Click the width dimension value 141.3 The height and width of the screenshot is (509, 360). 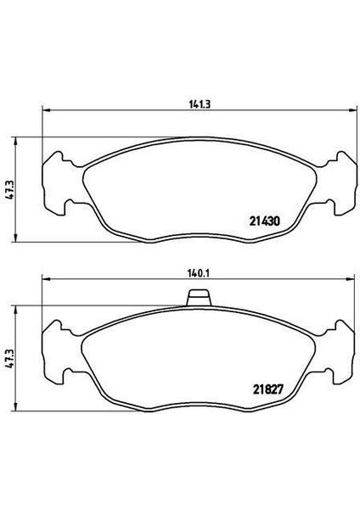click(x=200, y=104)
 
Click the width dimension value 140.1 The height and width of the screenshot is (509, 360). click(x=199, y=274)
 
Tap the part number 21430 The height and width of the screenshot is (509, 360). click(x=265, y=221)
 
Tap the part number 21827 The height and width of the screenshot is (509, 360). click(x=268, y=389)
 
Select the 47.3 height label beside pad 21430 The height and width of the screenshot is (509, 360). click(x=11, y=189)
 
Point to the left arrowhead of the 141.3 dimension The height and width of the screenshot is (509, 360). click(x=47, y=110)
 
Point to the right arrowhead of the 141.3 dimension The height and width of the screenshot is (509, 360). click(x=352, y=110)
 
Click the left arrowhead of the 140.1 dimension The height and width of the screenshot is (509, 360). click(x=47, y=279)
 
